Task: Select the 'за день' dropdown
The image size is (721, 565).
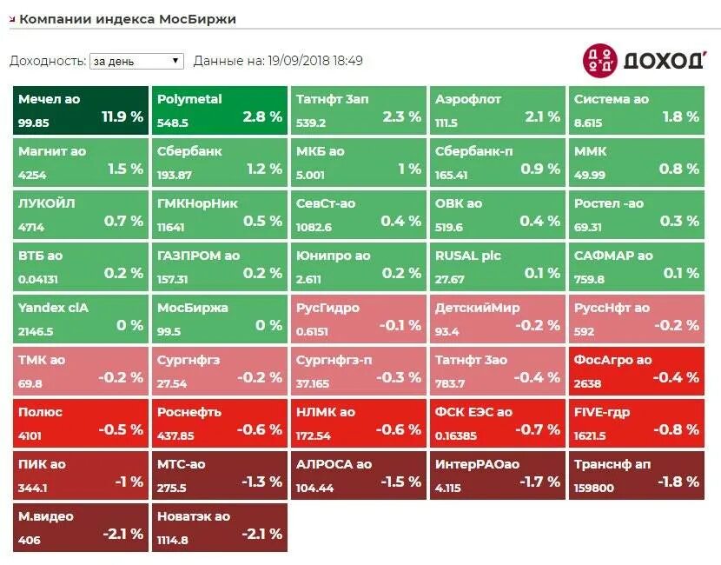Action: (x=136, y=61)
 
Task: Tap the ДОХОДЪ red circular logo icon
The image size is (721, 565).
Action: (x=599, y=59)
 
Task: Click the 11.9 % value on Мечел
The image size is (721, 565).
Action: (x=122, y=116)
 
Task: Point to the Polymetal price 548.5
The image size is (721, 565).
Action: (x=173, y=123)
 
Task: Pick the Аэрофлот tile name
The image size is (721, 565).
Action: (x=468, y=99)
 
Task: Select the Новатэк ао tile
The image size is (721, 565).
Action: (x=220, y=526)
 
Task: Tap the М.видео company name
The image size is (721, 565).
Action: (x=46, y=516)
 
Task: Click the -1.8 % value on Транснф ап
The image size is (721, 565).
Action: (x=678, y=482)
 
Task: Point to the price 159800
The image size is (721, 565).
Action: (x=594, y=489)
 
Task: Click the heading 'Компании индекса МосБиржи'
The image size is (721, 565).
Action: (x=127, y=18)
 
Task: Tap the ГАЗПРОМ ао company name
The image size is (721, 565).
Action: (x=198, y=256)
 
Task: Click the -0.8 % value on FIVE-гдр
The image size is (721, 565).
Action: (x=678, y=429)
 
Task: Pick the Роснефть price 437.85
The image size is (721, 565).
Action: (x=175, y=436)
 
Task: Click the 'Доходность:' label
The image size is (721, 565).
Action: (x=48, y=61)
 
